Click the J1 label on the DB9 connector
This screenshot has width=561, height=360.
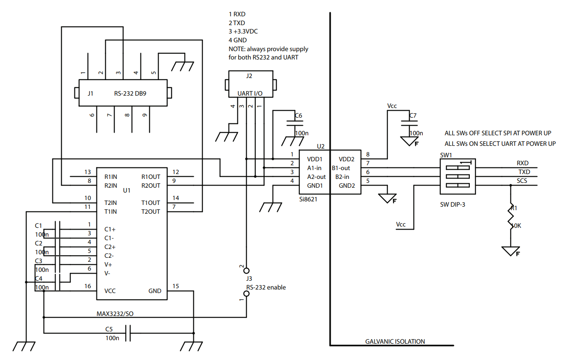click(91, 93)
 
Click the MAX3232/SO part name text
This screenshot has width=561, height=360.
click(115, 314)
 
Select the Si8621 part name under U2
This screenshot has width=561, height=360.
click(308, 199)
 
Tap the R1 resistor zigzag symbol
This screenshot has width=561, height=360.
click(511, 217)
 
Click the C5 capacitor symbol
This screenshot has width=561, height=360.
click(128, 333)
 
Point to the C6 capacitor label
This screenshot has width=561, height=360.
click(298, 115)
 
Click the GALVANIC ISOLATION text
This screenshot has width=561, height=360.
click(395, 341)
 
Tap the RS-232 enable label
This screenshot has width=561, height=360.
click(266, 287)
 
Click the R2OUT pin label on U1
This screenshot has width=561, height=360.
click(151, 186)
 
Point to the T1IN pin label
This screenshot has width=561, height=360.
click(111, 212)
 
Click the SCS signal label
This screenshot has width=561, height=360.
click(522, 181)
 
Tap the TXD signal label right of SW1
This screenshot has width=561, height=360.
click(524, 172)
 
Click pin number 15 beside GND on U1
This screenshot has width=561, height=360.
click(176, 286)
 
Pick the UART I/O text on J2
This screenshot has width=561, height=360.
click(250, 93)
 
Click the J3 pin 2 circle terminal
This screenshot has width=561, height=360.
click(246, 271)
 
